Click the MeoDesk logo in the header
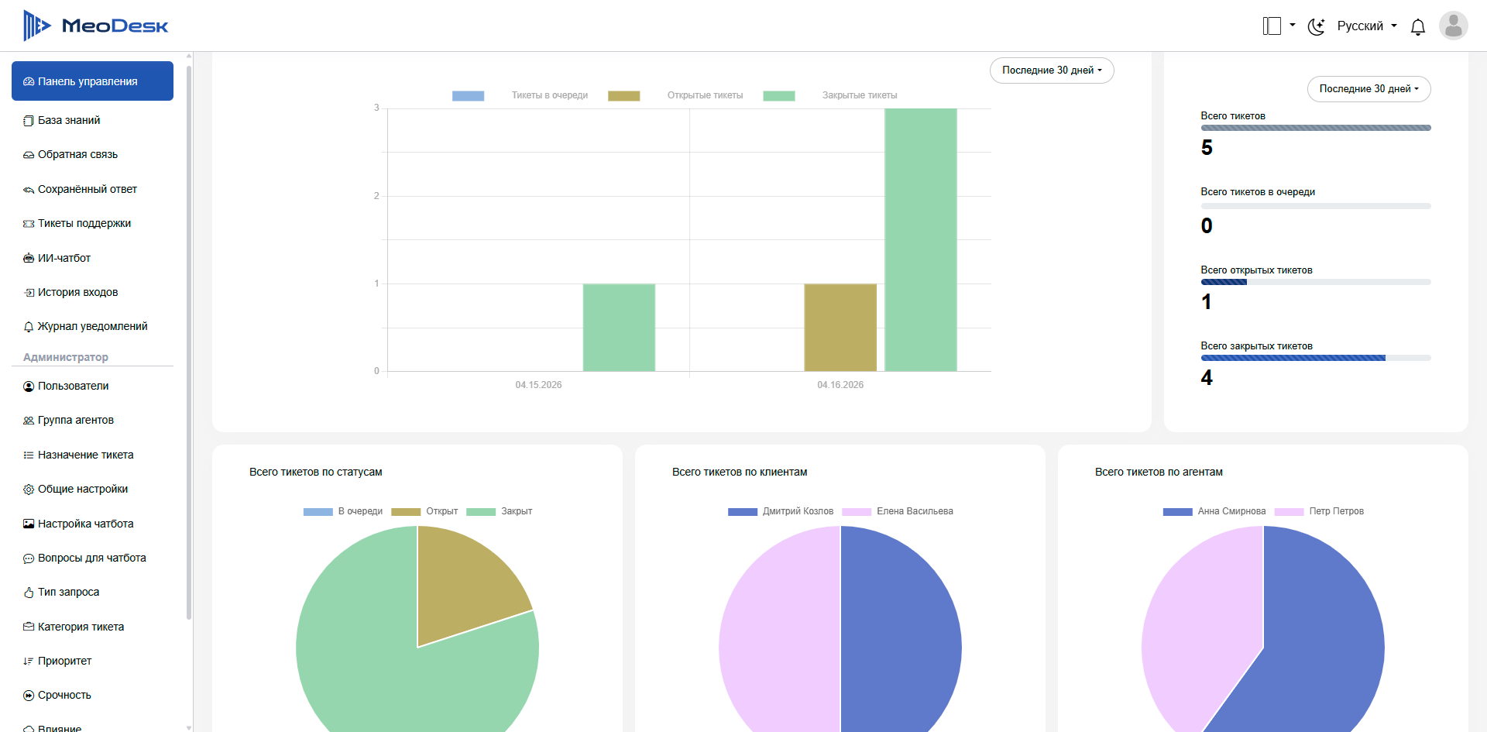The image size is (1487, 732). pyautogui.click(x=95, y=26)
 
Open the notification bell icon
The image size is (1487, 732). pyautogui.click(x=1418, y=27)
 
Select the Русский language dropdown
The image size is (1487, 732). pyautogui.click(x=1367, y=26)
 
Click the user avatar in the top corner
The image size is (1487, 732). pyautogui.click(x=1454, y=26)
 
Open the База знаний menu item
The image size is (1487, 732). pyautogui.click(x=69, y=120)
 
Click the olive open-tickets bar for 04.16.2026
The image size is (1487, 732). pyautogui.click(x=840, y=328)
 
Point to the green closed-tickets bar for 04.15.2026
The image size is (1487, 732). pyautogui.click(x=619, y=328)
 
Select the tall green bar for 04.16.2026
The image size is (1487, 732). pyautogui.click(x=921, y=240)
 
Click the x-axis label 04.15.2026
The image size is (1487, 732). pyautogui.click(x=538, y=385)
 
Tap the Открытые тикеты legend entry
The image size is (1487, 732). pyautogui.click(x=675, y=95)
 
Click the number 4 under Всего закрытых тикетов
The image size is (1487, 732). pyautogui.click(x=1207, y=378)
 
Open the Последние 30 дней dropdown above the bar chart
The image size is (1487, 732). pyautogui.click(x=1052, y=70)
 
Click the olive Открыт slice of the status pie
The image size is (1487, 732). pyautogui.click(x=465, y=589)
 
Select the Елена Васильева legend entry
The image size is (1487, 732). pyautogui.click(x=898, y=511)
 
